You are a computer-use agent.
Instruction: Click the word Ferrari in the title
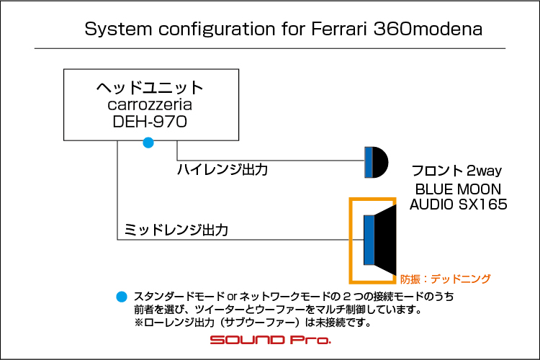339,29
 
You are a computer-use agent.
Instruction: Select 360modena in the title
428,29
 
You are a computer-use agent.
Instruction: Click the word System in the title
118,29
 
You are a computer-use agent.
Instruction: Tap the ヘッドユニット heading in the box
150,88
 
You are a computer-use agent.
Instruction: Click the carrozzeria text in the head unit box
150,104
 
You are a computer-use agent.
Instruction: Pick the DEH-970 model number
150,122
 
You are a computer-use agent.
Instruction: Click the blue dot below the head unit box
148,143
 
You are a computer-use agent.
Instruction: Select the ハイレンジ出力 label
222,169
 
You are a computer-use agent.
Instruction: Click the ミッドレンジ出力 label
176,230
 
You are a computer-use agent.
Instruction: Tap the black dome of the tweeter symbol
380,162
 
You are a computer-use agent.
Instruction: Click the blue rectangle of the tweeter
369,162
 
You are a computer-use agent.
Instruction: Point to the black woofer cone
385,240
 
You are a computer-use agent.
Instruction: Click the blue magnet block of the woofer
369,240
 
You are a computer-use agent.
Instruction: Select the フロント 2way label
456,171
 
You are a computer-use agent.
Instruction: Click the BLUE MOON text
458,189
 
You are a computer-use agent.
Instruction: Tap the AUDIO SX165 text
459,204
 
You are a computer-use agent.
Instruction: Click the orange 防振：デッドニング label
445,279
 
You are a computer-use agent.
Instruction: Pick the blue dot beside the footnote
122,297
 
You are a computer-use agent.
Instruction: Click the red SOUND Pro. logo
270,340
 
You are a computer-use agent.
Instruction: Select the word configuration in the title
217,30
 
